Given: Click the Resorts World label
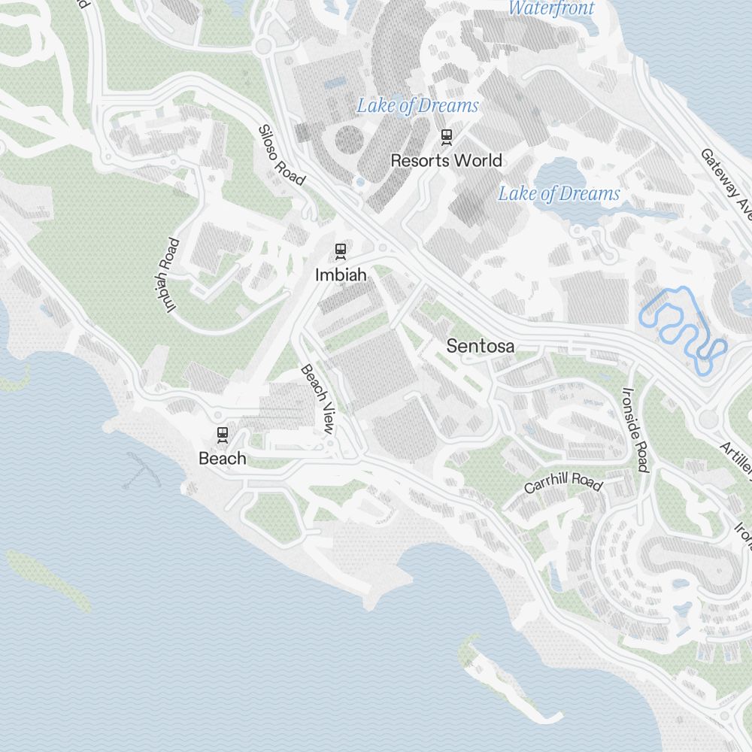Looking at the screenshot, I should [x=446, y=160].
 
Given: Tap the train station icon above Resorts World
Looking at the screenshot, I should [x=447, y=136].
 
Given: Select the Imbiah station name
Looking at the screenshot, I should [x=341, y=275].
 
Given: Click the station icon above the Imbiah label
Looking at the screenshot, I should [x=341, y=250].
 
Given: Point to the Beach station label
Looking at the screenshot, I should [x=222, y=458].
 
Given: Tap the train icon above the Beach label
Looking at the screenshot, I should [x=222, y=434].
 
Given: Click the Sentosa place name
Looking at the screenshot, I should [x=481, y=347].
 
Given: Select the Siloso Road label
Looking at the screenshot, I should [x=281, y=155].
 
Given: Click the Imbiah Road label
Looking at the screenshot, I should [x=171, y=275].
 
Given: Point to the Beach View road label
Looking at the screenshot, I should [x=317, y=399].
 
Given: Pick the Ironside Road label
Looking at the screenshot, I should [x=635, y=429].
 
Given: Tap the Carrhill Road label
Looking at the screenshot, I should [x=563, y=482].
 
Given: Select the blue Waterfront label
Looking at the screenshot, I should [x=551, y=8].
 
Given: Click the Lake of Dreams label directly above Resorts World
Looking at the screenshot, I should [x=417, y=106].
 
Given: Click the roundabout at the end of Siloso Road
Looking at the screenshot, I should [x=263, y=47].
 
